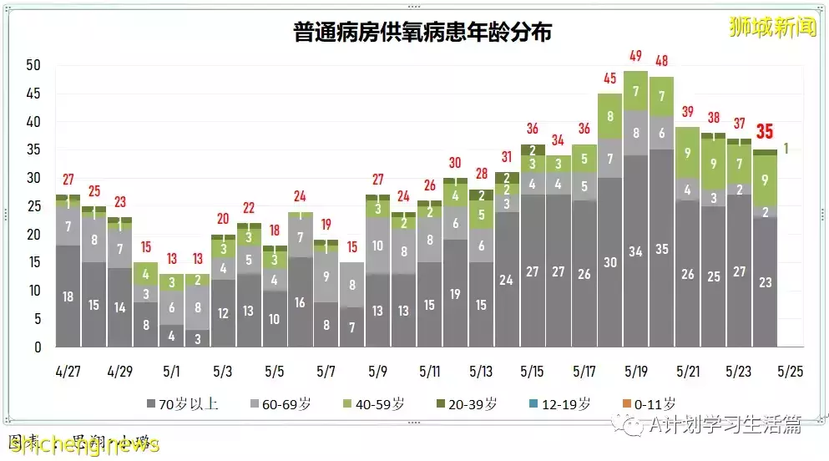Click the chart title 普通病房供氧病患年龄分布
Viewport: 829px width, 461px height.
(422, 32)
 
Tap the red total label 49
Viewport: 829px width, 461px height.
(636, 56)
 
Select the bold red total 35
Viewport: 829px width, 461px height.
(765, 132)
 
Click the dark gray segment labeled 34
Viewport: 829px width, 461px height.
(636, 251)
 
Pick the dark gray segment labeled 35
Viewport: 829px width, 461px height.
(661, 248)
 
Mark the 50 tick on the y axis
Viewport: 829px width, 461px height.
(33, 65)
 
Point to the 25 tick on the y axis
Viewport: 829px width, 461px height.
(33, 206)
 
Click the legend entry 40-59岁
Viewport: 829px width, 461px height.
(373, 404)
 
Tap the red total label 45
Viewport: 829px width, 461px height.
(610, 79)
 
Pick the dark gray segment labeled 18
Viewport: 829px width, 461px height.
(68, 296)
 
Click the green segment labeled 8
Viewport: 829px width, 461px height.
(610, 117)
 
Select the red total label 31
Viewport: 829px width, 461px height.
(507, 157)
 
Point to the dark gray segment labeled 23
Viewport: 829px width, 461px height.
(765, 282)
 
